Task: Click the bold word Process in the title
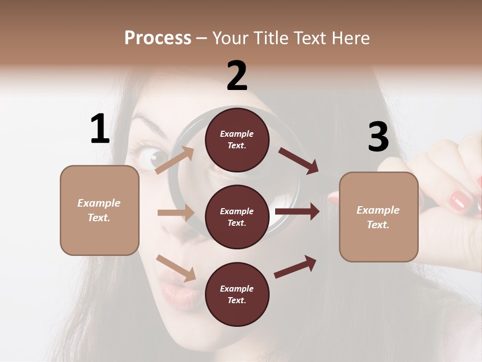[158, 38]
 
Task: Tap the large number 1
[100, 129]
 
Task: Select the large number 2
[237, 76]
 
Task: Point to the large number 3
[378, 137]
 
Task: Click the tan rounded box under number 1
[99, 210]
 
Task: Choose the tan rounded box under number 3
[379, 217]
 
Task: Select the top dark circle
[237, 140]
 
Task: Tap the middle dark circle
[237, 217]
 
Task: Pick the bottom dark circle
[237, 294]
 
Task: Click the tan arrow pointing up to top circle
[175, 160]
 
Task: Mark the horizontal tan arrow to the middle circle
[176, 213]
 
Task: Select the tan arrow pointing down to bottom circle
[176, 267]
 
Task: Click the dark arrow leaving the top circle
[299, 160]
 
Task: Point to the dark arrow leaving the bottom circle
[295, 266]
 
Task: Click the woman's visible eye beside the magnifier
[151, 159]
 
